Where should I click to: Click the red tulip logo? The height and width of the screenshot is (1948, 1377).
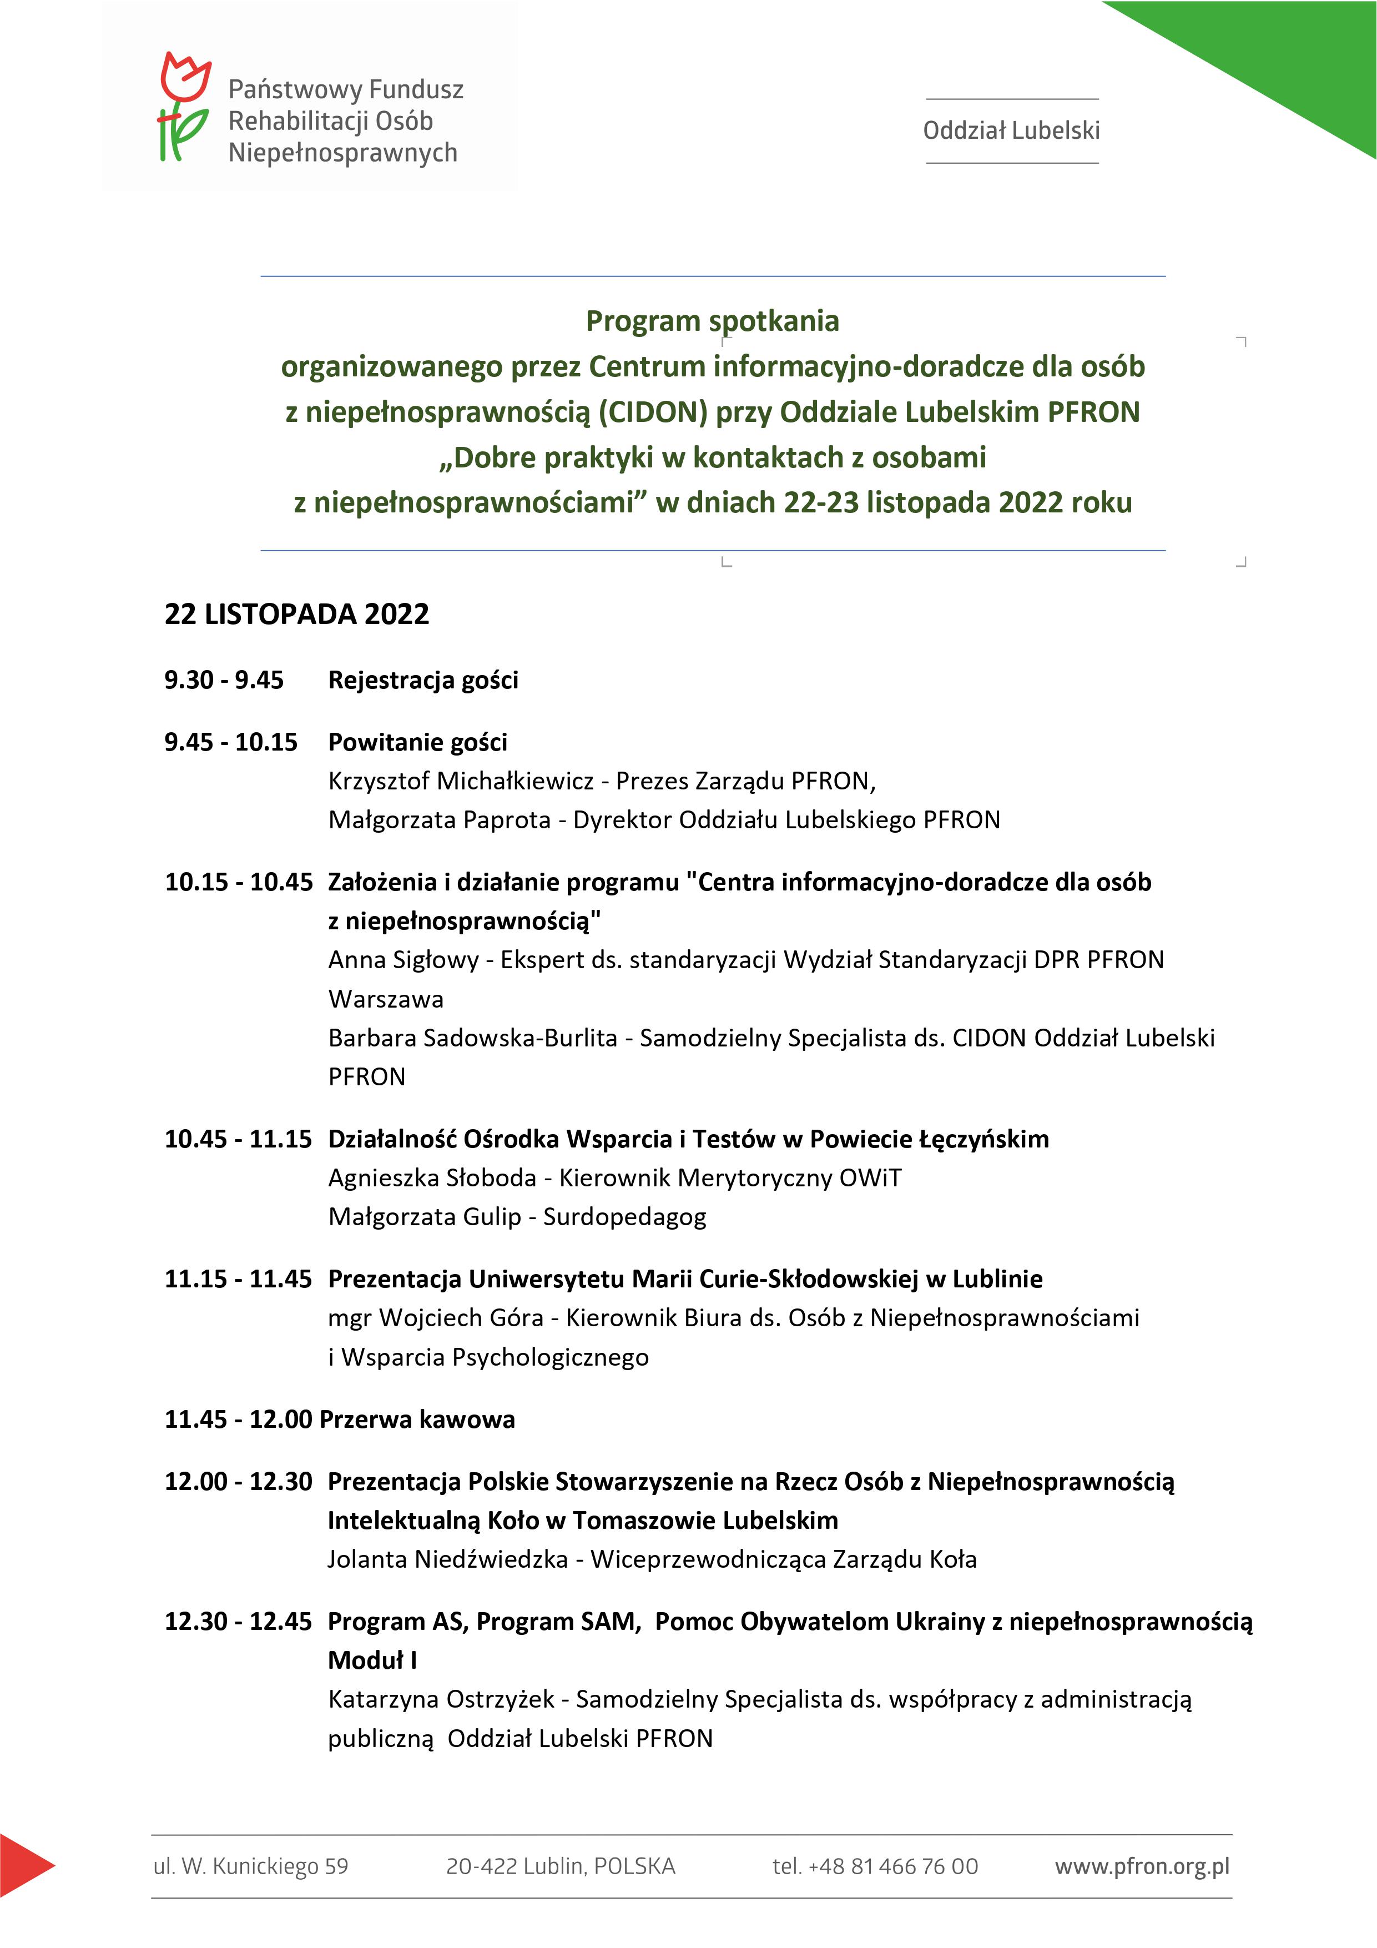click(x=185, y=106)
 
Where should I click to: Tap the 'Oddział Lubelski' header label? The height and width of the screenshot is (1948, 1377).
click(x=1011, y=130)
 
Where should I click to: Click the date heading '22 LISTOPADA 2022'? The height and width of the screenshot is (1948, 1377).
click(x=297, y=614)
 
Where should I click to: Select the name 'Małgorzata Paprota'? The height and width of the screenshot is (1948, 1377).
click(x=440, y=819)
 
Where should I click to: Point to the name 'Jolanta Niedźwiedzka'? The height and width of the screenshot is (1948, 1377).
click(x=448, y=1559)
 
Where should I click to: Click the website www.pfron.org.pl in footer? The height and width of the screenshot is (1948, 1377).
click(x=1142, y=1866)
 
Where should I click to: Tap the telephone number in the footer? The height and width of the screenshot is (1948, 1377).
click(x=875, y=1866)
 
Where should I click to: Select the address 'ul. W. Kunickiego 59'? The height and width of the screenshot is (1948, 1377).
click(x=250, y=1866)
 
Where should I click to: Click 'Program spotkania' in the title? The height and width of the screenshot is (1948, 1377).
click(x=713, y=321)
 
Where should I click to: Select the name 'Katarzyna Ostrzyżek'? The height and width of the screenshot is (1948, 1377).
click(x=441, y=1699)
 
